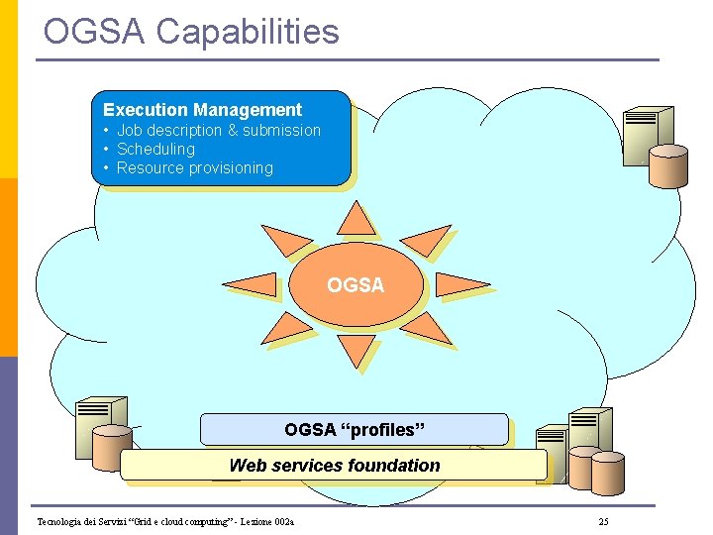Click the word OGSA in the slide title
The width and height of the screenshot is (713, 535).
click(94, 32)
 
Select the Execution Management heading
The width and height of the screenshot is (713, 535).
click(202, 110)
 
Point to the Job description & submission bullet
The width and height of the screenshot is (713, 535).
click(218, 130)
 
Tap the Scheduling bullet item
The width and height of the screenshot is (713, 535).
click(155, 149)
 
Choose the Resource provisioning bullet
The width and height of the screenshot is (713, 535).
click(194, 167)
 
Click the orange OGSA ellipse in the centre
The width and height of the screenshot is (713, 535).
click(356, 285)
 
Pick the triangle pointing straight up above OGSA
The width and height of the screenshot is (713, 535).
click(354, 221)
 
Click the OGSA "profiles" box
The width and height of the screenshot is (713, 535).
click(354, 429)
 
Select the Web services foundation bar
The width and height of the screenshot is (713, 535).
click(334, 465)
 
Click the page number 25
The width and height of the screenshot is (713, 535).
click(604, 521)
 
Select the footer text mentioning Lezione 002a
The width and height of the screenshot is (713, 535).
click(171, 521)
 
